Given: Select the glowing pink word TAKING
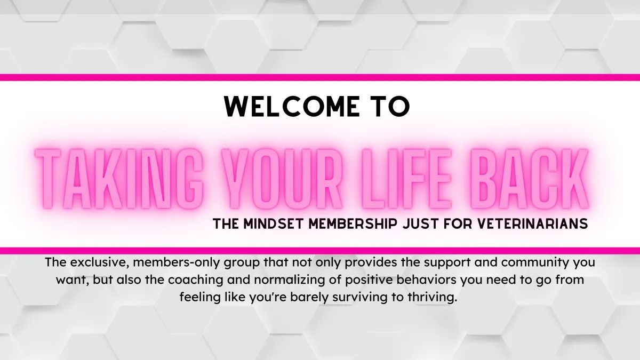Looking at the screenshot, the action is click(119, 179).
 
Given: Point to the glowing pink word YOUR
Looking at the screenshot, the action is click(282, 179).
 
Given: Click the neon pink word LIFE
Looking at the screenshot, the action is click(407, 179).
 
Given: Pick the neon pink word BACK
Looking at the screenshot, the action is click(530, 179).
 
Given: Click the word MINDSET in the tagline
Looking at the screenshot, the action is click(273, 223).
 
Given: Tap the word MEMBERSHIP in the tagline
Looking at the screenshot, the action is click(353, 223).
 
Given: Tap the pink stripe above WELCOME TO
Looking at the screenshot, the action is click(320, 77).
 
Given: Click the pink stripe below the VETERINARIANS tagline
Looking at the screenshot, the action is click(320, 251).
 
